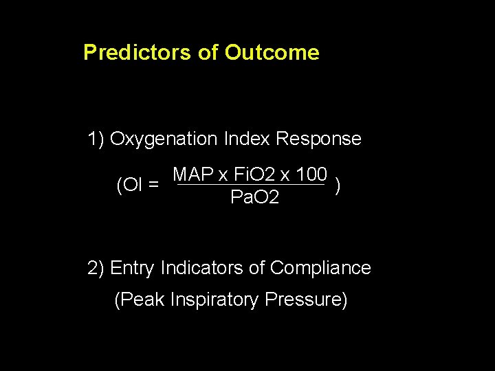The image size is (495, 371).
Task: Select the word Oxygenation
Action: pyautogui.click(x=164, y=139)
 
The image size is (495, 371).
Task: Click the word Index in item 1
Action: pyautogui.click(x=247, y=139)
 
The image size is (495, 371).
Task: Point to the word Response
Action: pyautogui.click(x=318, y=139)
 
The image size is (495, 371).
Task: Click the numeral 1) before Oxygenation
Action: pyautogui.click(x=96, y=139)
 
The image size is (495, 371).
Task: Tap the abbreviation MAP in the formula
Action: pyautogui.click(x=192, y=175)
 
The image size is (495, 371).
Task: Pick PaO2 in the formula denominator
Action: pyautogui.click(x=254, y=199)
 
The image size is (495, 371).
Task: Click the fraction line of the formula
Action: pyautogui.click(x=250, y=185)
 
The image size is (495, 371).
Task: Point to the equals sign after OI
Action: pyautogui.click(x=155, y=185)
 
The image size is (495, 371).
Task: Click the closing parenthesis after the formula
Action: pyautogui.click(x=337, y=185)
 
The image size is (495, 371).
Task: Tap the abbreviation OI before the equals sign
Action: pyautogui.click(x=131, y=185)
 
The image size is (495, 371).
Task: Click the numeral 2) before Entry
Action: pyautogui.click(x=96, y=268)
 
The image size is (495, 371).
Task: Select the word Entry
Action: pyautogui.click(x=132, y=268)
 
